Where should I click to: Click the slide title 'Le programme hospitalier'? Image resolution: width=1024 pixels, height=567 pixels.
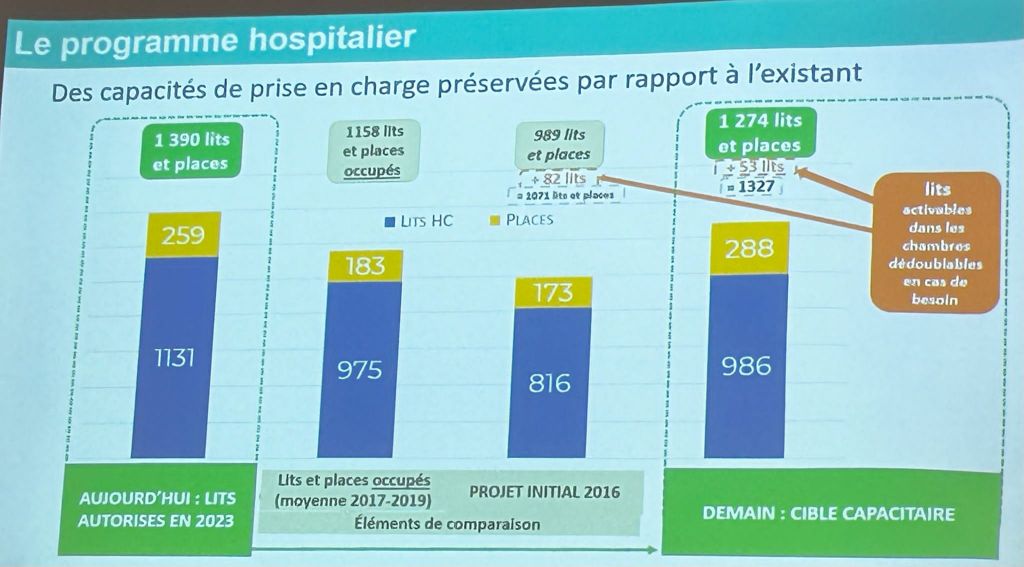(211, 40)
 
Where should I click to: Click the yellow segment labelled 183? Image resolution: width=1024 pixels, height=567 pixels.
(365, 266)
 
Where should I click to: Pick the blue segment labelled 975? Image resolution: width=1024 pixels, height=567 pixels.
(365, 370)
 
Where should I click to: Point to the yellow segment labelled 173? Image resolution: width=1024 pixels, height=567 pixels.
(552, 292)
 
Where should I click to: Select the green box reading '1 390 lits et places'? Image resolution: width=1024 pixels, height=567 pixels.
(190, 152)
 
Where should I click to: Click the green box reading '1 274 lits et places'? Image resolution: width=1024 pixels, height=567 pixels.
(760, 133)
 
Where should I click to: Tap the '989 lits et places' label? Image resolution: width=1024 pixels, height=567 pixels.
(559, 144)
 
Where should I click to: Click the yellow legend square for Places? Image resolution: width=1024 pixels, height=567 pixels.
(495, 220)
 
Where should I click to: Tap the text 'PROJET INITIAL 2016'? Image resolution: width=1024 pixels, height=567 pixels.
(544, 492)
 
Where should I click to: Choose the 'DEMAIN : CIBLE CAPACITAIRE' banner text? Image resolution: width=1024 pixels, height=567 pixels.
(828, 514)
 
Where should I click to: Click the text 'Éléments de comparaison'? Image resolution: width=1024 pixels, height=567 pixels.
(447, 524)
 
